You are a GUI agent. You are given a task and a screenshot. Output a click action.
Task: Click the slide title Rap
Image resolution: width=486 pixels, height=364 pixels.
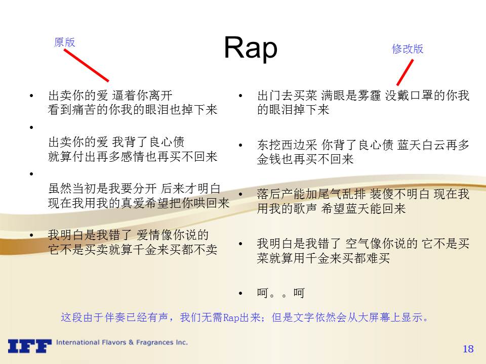coord(251,48)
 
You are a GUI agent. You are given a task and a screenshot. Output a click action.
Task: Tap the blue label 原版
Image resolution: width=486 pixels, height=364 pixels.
coord(64,42)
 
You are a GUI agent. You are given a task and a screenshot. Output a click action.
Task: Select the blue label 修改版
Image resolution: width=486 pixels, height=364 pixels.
coord(408,49)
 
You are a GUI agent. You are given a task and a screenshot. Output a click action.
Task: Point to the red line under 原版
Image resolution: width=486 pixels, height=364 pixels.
coord(87,65)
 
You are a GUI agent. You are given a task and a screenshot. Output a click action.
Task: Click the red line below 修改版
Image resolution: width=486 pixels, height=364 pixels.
coord(405,72)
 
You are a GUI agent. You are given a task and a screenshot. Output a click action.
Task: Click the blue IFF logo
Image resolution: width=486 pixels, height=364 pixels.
coord(30,346)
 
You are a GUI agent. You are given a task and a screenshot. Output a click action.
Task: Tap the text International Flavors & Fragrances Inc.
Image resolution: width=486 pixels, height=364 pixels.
coord(122,342)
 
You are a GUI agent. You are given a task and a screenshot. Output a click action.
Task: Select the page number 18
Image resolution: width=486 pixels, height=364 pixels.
coord(468,349)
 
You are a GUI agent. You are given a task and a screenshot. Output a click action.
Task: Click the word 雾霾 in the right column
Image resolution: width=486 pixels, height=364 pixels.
coord(369,96)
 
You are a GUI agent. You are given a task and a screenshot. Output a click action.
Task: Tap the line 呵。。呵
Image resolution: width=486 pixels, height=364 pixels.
coord(281,293)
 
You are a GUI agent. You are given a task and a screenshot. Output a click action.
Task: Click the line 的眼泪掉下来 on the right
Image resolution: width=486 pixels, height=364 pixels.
coord(293,110)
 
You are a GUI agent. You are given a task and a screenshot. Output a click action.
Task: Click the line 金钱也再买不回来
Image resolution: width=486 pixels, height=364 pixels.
coord(305,159)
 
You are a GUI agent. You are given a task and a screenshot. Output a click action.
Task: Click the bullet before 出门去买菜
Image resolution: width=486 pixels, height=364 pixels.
coord(240,96)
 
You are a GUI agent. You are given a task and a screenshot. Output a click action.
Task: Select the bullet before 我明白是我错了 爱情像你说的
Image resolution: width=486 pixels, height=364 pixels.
coord(31,235)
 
